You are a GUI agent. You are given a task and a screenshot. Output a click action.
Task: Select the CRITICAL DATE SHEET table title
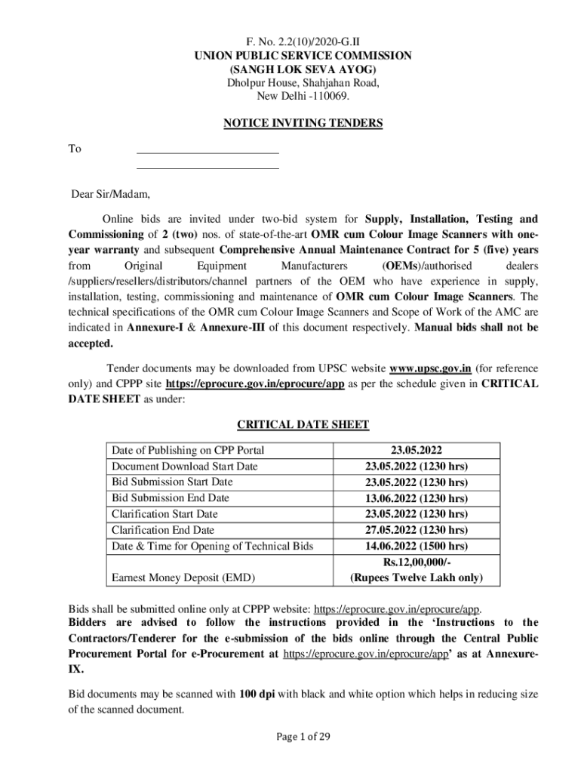pos(303,424)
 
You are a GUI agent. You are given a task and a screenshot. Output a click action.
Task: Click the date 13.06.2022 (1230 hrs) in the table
pos(416,498)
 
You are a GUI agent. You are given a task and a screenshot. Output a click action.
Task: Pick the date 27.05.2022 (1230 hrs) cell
pos(416,530)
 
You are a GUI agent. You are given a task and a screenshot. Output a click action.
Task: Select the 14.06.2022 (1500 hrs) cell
pos(416,547)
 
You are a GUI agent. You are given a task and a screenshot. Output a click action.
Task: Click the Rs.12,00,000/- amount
pos(416,562)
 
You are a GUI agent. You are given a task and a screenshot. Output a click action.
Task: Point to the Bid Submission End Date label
pos(171,498)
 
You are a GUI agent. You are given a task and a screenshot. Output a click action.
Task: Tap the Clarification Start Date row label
pos(164,514)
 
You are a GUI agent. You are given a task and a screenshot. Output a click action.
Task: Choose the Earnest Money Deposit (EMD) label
pos(183,578)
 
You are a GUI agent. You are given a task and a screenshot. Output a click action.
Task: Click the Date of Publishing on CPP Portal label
pos(188,450)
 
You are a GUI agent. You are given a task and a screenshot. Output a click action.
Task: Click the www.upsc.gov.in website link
pos(430,368)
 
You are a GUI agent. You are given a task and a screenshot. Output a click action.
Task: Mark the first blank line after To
pos(207,152)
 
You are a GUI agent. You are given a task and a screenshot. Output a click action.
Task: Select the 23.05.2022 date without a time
pos(416,450)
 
